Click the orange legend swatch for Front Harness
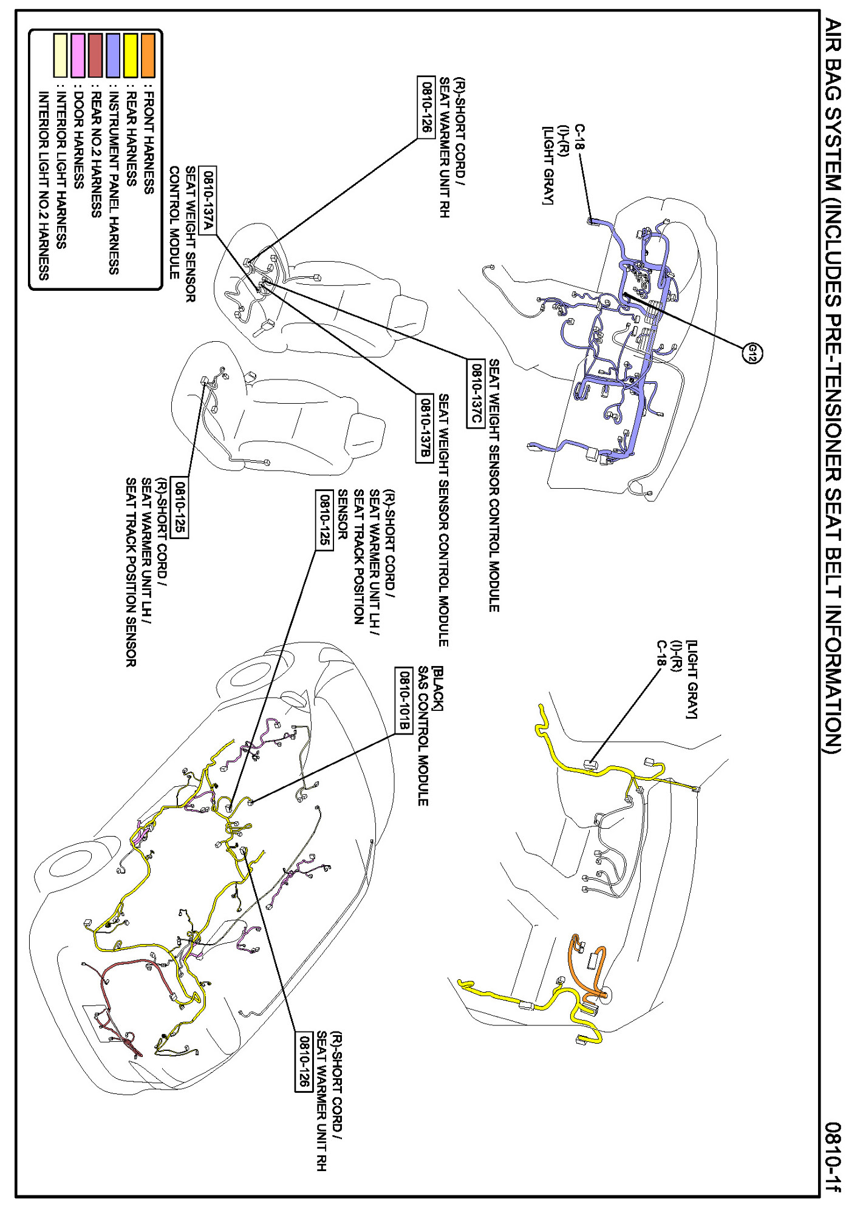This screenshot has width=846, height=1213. (x=148, y=56)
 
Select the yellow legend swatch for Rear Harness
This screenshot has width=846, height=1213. (x=130, y=56)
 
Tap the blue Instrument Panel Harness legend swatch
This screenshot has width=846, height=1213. (x=113, y=56)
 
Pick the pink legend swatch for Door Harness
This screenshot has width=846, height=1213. (x=78, y=56)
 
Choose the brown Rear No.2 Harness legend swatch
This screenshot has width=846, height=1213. (x=95, y=56)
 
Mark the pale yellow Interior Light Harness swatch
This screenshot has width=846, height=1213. (x=60, y=56)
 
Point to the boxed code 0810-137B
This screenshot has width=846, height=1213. (x=425, y=428)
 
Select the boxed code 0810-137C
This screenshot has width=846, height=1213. (x=476, y=393)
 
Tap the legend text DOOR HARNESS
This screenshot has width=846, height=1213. (x=78, y=139)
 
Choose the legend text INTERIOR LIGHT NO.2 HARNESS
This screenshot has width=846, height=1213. (x=43, y=185)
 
